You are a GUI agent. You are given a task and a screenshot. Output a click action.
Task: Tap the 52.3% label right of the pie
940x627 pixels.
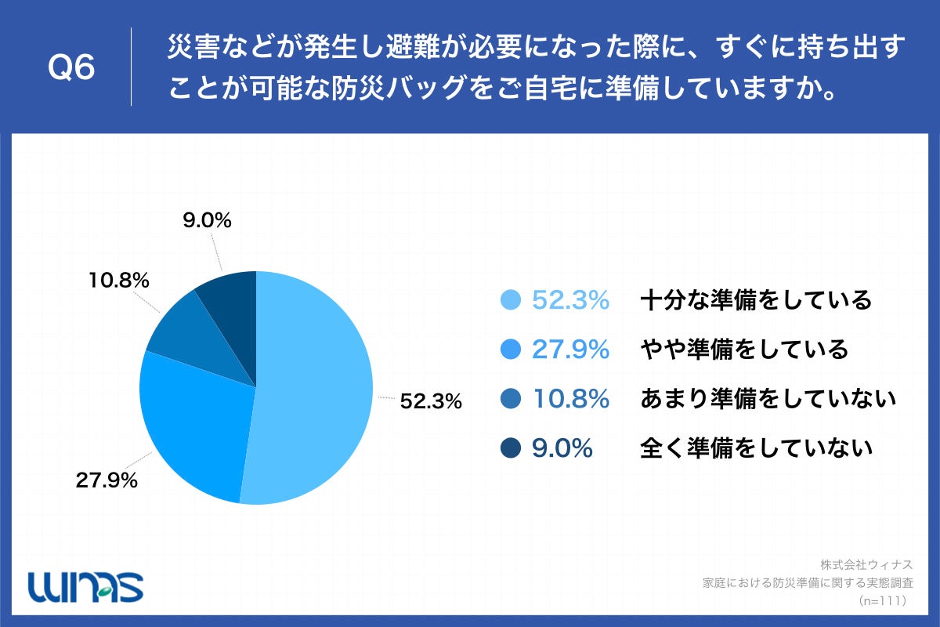tap(431, 401)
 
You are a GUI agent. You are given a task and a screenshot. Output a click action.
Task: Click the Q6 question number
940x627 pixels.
tap(71, 68)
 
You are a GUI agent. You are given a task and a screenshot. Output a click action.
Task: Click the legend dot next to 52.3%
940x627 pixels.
tap(510, 300)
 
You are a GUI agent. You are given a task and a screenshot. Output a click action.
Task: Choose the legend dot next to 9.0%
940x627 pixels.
tap(510, 448)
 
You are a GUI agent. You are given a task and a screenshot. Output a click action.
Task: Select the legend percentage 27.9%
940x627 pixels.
tap(570, 350)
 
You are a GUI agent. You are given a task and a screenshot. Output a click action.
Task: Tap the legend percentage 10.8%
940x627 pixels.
tap(570, 399)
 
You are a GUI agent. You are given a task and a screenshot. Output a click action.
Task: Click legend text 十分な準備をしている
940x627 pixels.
tap(755, 300)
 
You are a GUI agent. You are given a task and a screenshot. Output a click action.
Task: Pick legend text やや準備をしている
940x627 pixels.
tap(743, 350)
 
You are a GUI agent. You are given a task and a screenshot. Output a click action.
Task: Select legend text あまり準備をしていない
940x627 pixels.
tap(767, 399)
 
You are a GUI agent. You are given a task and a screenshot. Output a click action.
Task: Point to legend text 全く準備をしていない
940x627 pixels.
tap(755, 448)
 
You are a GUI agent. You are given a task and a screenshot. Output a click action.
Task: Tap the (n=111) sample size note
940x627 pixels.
tap(882, 600)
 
